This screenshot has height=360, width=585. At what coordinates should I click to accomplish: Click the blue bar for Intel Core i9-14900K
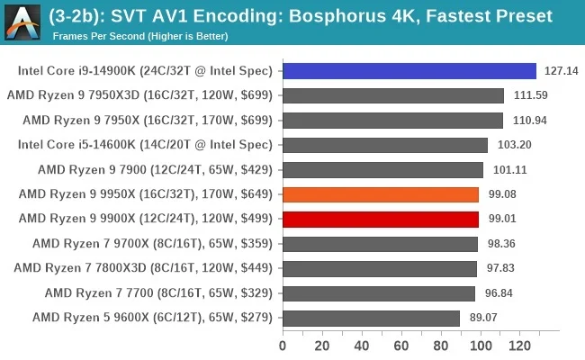coord(409,71)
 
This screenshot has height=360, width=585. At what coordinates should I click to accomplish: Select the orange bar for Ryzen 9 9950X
coord(380,194)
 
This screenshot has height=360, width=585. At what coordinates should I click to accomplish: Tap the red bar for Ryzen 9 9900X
coord(380,219)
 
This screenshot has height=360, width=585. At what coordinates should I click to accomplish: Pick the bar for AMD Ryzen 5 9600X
coord(370,318)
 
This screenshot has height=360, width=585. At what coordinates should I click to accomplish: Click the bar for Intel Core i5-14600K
coord(384,145)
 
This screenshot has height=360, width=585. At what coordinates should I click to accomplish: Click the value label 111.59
coord(530,95)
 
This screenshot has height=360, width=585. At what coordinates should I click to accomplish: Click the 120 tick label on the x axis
coord(520,345)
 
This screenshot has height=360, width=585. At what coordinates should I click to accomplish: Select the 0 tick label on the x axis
coord(283,345)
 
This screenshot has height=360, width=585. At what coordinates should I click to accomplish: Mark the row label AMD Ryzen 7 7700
coord(154,292)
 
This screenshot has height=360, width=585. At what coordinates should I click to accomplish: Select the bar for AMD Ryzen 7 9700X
coord(380,244)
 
